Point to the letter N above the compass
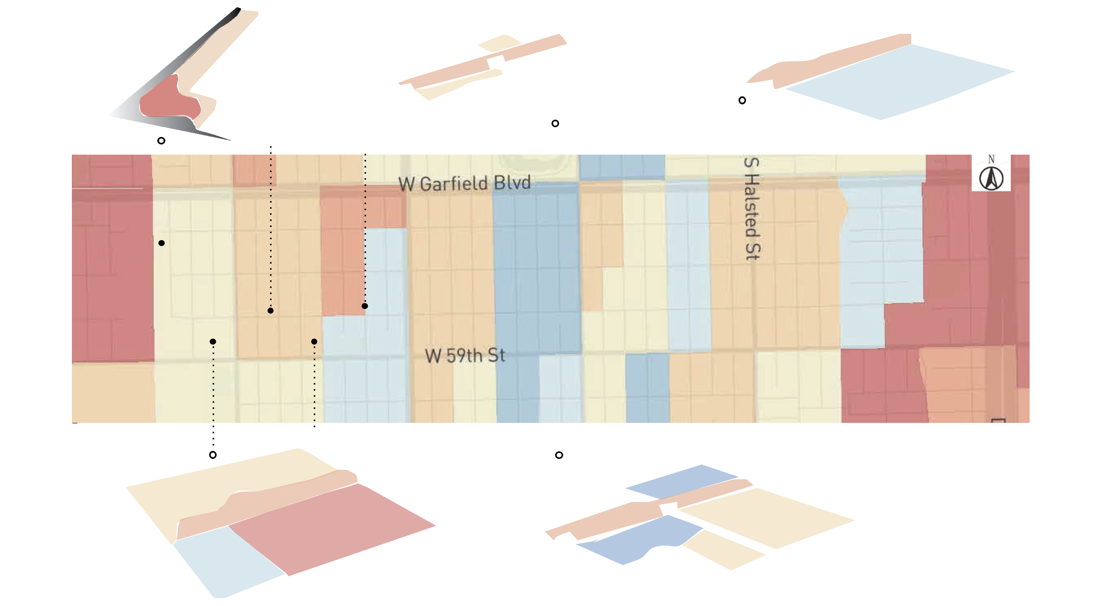[991, 159]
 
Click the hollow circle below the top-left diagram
[161, 141]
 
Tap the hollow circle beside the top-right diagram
[742, 100]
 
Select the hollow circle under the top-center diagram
[555, 124]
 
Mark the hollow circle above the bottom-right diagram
[559, 455]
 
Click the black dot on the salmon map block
[364, 306]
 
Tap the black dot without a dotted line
[161, 243]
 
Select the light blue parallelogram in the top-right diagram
[898, 81]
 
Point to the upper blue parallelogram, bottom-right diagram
[682, 481]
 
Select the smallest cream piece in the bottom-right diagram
[723, 550]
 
